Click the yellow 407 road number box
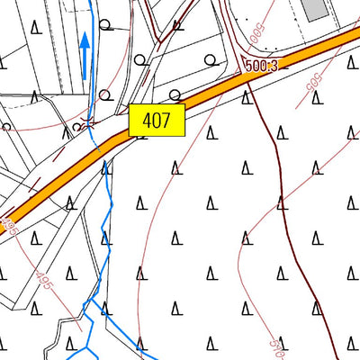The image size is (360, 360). [x=157, y=121]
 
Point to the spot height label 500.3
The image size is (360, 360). [x=259, y=65]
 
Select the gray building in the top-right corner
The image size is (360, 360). [x=314, y=8]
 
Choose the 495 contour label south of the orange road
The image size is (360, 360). [x=44, y=286]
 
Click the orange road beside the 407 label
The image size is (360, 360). [x=202, y=94]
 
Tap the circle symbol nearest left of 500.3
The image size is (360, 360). [x=210, y=59]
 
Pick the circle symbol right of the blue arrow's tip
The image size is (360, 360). [x=106, y=24]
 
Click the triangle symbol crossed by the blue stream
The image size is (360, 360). [x=106, y=166]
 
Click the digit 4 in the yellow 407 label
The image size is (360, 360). [x=147, y=121]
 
